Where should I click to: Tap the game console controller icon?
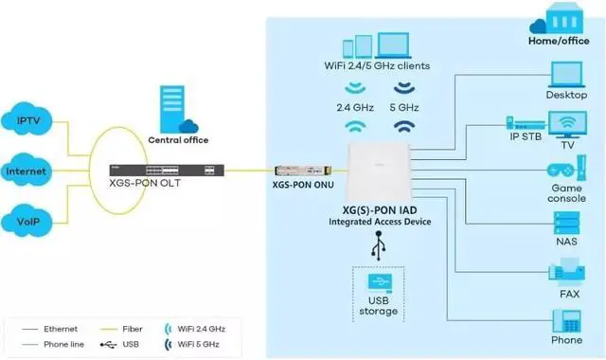pyautogui.click(x=566, y=174)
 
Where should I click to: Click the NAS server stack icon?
pyautogui.click(x=566, y=224)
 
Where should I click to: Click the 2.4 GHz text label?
pyautogui.click(x=356, y=107)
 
